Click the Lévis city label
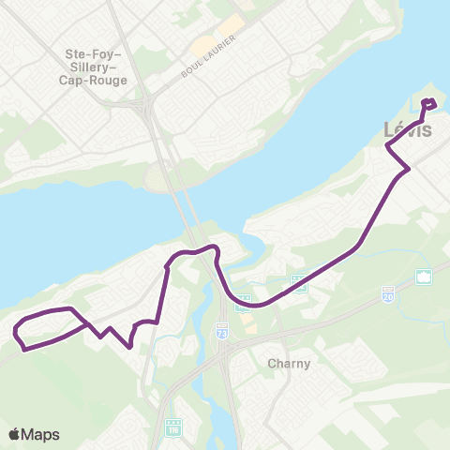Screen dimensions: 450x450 [x=409, y=130]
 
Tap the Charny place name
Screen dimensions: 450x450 [x=282, y=363]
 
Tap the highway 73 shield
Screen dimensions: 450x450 [x=221, y=333]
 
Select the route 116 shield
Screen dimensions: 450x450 [x=172, y=426]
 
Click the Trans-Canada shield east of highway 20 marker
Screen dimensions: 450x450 [x=422, y=277]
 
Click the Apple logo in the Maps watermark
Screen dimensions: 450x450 [x=14, y=434]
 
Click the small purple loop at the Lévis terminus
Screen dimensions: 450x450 [x=429, y=103]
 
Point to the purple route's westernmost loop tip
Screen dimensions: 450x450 [x=16, y=331]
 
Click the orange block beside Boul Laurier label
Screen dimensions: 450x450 [x=201, y=45]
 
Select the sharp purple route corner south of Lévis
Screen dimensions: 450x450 [x=408, y=169]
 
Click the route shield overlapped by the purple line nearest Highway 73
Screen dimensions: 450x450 [x=242, y=302]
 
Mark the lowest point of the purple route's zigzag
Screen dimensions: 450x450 [x=128, y=345]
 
